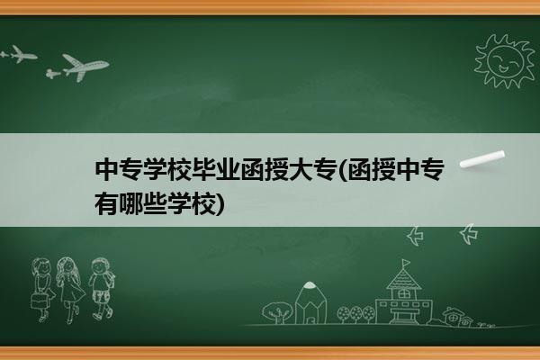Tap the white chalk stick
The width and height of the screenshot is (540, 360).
tap(482, 159)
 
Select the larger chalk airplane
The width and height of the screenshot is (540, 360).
tap(85, 67)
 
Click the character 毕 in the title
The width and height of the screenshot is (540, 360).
tap(202, 169)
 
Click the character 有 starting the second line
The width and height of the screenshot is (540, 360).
tap(106, 203)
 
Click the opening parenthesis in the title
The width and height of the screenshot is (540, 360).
tap(343, 170)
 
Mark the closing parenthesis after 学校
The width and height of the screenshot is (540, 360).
tap(220, 204)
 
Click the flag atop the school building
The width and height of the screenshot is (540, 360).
tap(407, 263)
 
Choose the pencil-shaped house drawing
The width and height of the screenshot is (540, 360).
tap(310, 302)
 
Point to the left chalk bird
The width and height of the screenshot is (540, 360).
tap(415, 236)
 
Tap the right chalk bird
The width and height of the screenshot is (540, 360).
tap(468, 234)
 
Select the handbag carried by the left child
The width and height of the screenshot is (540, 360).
tap(39, 300)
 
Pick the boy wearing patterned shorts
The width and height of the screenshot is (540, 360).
tap(101, 289)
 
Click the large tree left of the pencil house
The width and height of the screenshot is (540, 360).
tap(277, 312)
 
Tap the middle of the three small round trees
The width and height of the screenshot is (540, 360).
tap(355, 314)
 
